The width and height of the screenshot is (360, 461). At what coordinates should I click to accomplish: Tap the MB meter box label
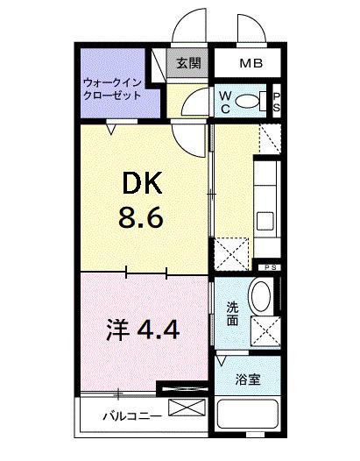coord(251,63)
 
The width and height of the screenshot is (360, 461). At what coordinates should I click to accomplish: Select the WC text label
coord(225,100)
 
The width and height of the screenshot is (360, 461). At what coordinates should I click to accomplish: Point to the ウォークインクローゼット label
coord(111,89)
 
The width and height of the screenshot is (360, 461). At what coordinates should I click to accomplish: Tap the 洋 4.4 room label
coord(144,330)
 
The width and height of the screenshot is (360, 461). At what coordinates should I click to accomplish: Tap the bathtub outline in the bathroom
coord(248,419)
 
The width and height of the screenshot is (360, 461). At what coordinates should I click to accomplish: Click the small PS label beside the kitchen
coord(266,266)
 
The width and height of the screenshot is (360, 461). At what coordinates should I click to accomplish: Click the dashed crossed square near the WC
coord(270,137)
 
